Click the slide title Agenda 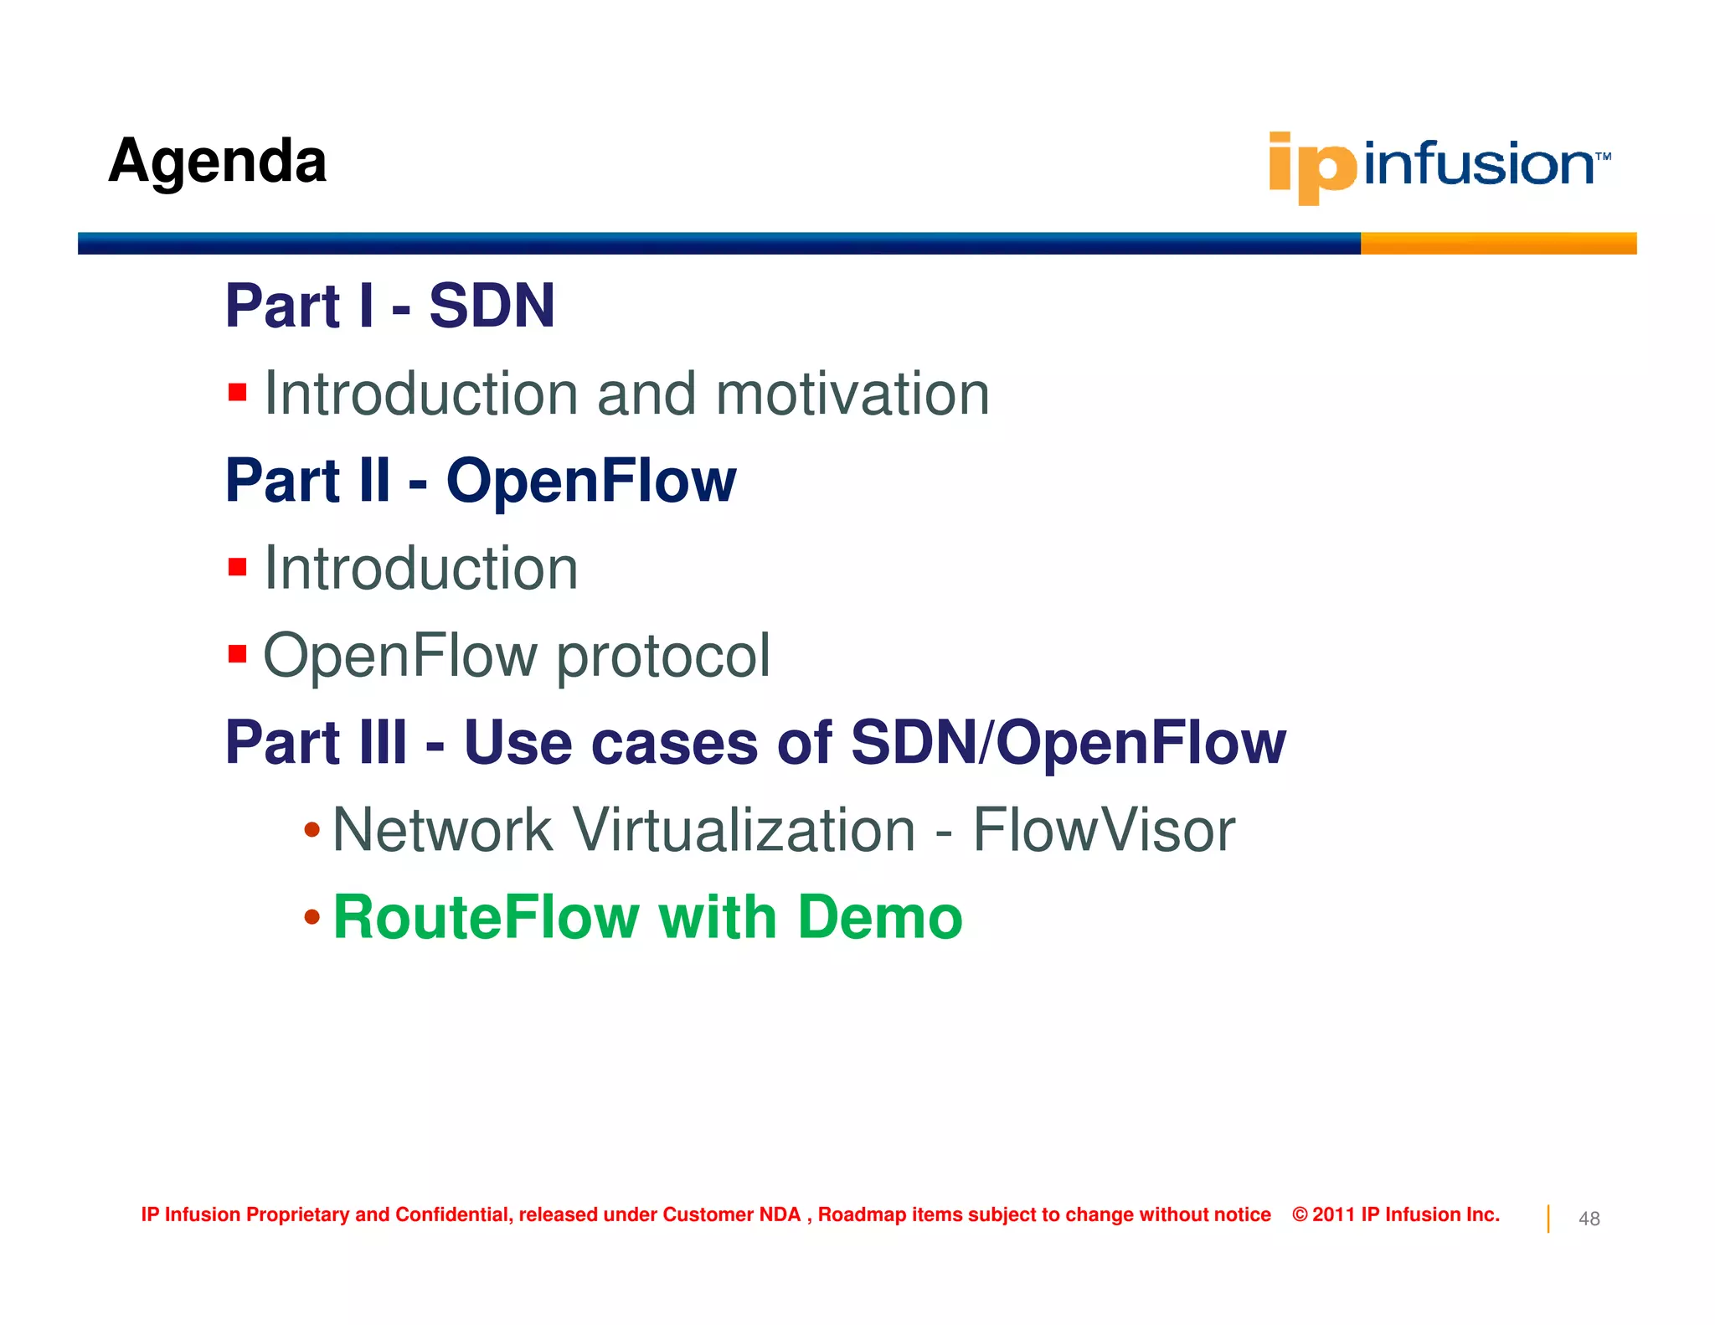[217, 161]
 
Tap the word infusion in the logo [1478, 163]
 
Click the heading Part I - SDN [389, 306]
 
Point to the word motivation [852, 394]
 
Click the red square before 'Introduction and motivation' [237, 392]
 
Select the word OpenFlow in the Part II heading [590, 481]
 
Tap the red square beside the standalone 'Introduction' [237, 567]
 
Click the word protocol [663, 656]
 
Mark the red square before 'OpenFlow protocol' [237, 653]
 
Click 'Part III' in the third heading [317, 743]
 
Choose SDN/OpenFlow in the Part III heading [1068, 743]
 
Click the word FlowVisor [1103, 830]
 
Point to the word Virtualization [744, 830]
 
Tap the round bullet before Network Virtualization [312, 830]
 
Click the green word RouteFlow [486, 917]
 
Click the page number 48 [1589, 1219]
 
